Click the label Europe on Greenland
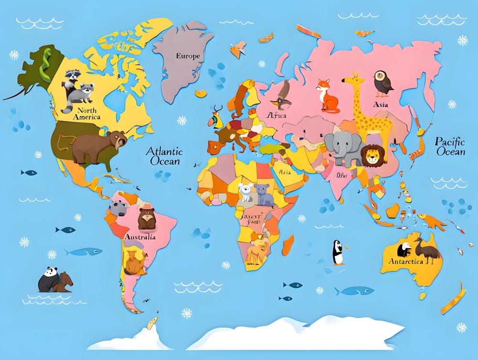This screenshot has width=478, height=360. (188, 56)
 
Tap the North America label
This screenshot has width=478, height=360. (87, 114)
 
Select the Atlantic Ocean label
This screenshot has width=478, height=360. (164, 156)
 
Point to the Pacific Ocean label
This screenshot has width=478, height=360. (450, 146)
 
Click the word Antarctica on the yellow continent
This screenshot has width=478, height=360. (405, 262)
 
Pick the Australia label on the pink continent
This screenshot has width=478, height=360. (140, 237)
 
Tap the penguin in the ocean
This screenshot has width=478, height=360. (338, 252)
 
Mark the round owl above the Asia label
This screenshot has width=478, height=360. (382, 83)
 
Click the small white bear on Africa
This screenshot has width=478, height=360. (246, 193)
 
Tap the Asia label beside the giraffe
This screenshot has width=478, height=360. (381, 104)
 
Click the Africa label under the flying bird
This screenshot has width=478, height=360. (277, 116)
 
